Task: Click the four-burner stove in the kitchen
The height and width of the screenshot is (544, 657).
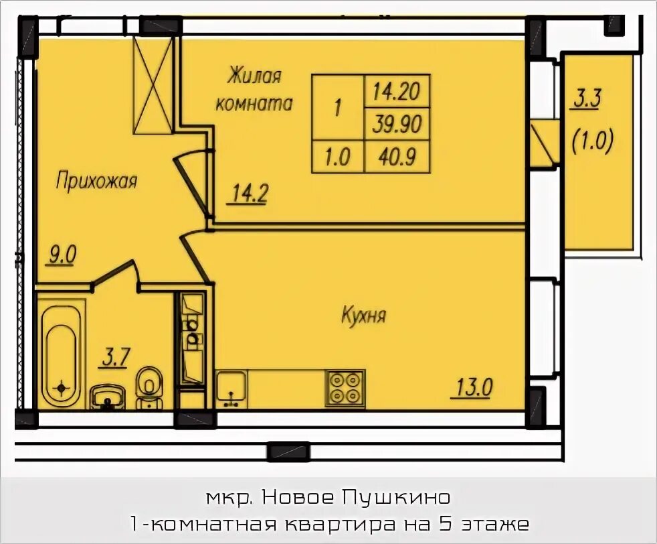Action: click(x=345, y=388)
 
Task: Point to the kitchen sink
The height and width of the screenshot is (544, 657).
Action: click(x=231, y=387)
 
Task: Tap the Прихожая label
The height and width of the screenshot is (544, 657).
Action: click(x=96, y=180)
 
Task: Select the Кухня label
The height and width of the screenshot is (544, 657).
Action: click(x=364, y=315)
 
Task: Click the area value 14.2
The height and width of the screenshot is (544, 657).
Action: click(x=250, y=194)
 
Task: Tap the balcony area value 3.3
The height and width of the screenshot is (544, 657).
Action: click(x=587, y=100)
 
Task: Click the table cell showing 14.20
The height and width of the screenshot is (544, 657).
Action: click(x=395, y=90)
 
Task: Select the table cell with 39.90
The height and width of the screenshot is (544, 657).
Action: click(x=395, y=123)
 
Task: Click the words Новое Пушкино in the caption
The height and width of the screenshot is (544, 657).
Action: click(x=355, y=497)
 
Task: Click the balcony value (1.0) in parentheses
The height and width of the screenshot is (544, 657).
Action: click(x=593, y=143)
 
